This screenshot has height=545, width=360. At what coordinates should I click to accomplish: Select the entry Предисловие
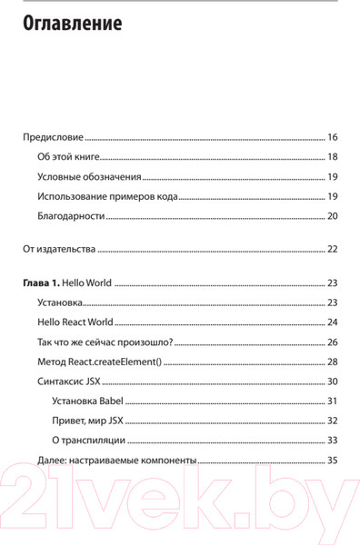click(53, 138)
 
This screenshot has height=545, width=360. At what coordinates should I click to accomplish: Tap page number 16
click(332, 138)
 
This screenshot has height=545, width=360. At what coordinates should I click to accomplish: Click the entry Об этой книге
click(69, 157)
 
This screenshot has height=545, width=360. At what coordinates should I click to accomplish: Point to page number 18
click(332, 157)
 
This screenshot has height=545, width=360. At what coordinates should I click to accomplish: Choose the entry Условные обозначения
click(90, 177)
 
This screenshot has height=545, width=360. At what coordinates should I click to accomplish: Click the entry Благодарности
click(72, 216)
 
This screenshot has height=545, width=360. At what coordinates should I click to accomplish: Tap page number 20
click(332, 216)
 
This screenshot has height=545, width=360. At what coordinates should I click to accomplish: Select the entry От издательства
click(58, 249)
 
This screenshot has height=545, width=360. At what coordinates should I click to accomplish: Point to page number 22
click(332, 249)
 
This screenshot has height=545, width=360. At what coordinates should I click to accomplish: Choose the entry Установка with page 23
click(61, 302)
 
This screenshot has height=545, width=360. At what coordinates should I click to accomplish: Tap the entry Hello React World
click(75, 322)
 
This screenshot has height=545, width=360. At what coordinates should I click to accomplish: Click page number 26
click(332, 342)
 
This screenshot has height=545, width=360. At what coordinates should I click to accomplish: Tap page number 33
click(332, 441)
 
